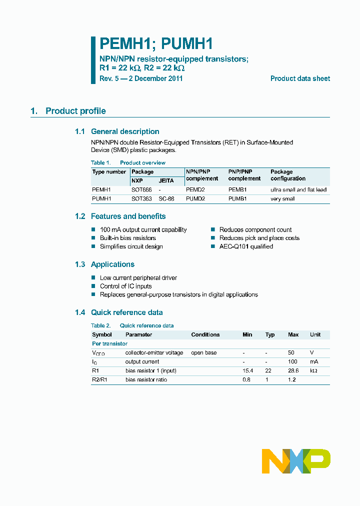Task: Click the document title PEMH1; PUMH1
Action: point(156,44)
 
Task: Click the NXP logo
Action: point(296,461)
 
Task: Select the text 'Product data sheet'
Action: point(300,78)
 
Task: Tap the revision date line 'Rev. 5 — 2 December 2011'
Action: point(141,78)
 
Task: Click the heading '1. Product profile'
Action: point(68,111)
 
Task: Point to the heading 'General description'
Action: point(125,131)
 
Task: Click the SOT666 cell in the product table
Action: point(141,190)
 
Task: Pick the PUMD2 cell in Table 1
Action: point(195,199)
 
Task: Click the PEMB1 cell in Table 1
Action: point(237,190)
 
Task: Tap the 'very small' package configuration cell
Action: point(282,199)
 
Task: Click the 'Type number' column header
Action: point(109,172)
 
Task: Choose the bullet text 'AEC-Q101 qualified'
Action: point(246,246)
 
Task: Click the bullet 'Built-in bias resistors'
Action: point(127,238)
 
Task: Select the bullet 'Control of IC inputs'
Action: point(125,286)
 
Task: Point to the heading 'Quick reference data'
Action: point(126,312)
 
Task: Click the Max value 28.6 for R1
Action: point(294,370)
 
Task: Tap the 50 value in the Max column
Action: point(291,352)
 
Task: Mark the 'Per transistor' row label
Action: point(109,343)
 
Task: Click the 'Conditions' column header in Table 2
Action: point(205,334)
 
